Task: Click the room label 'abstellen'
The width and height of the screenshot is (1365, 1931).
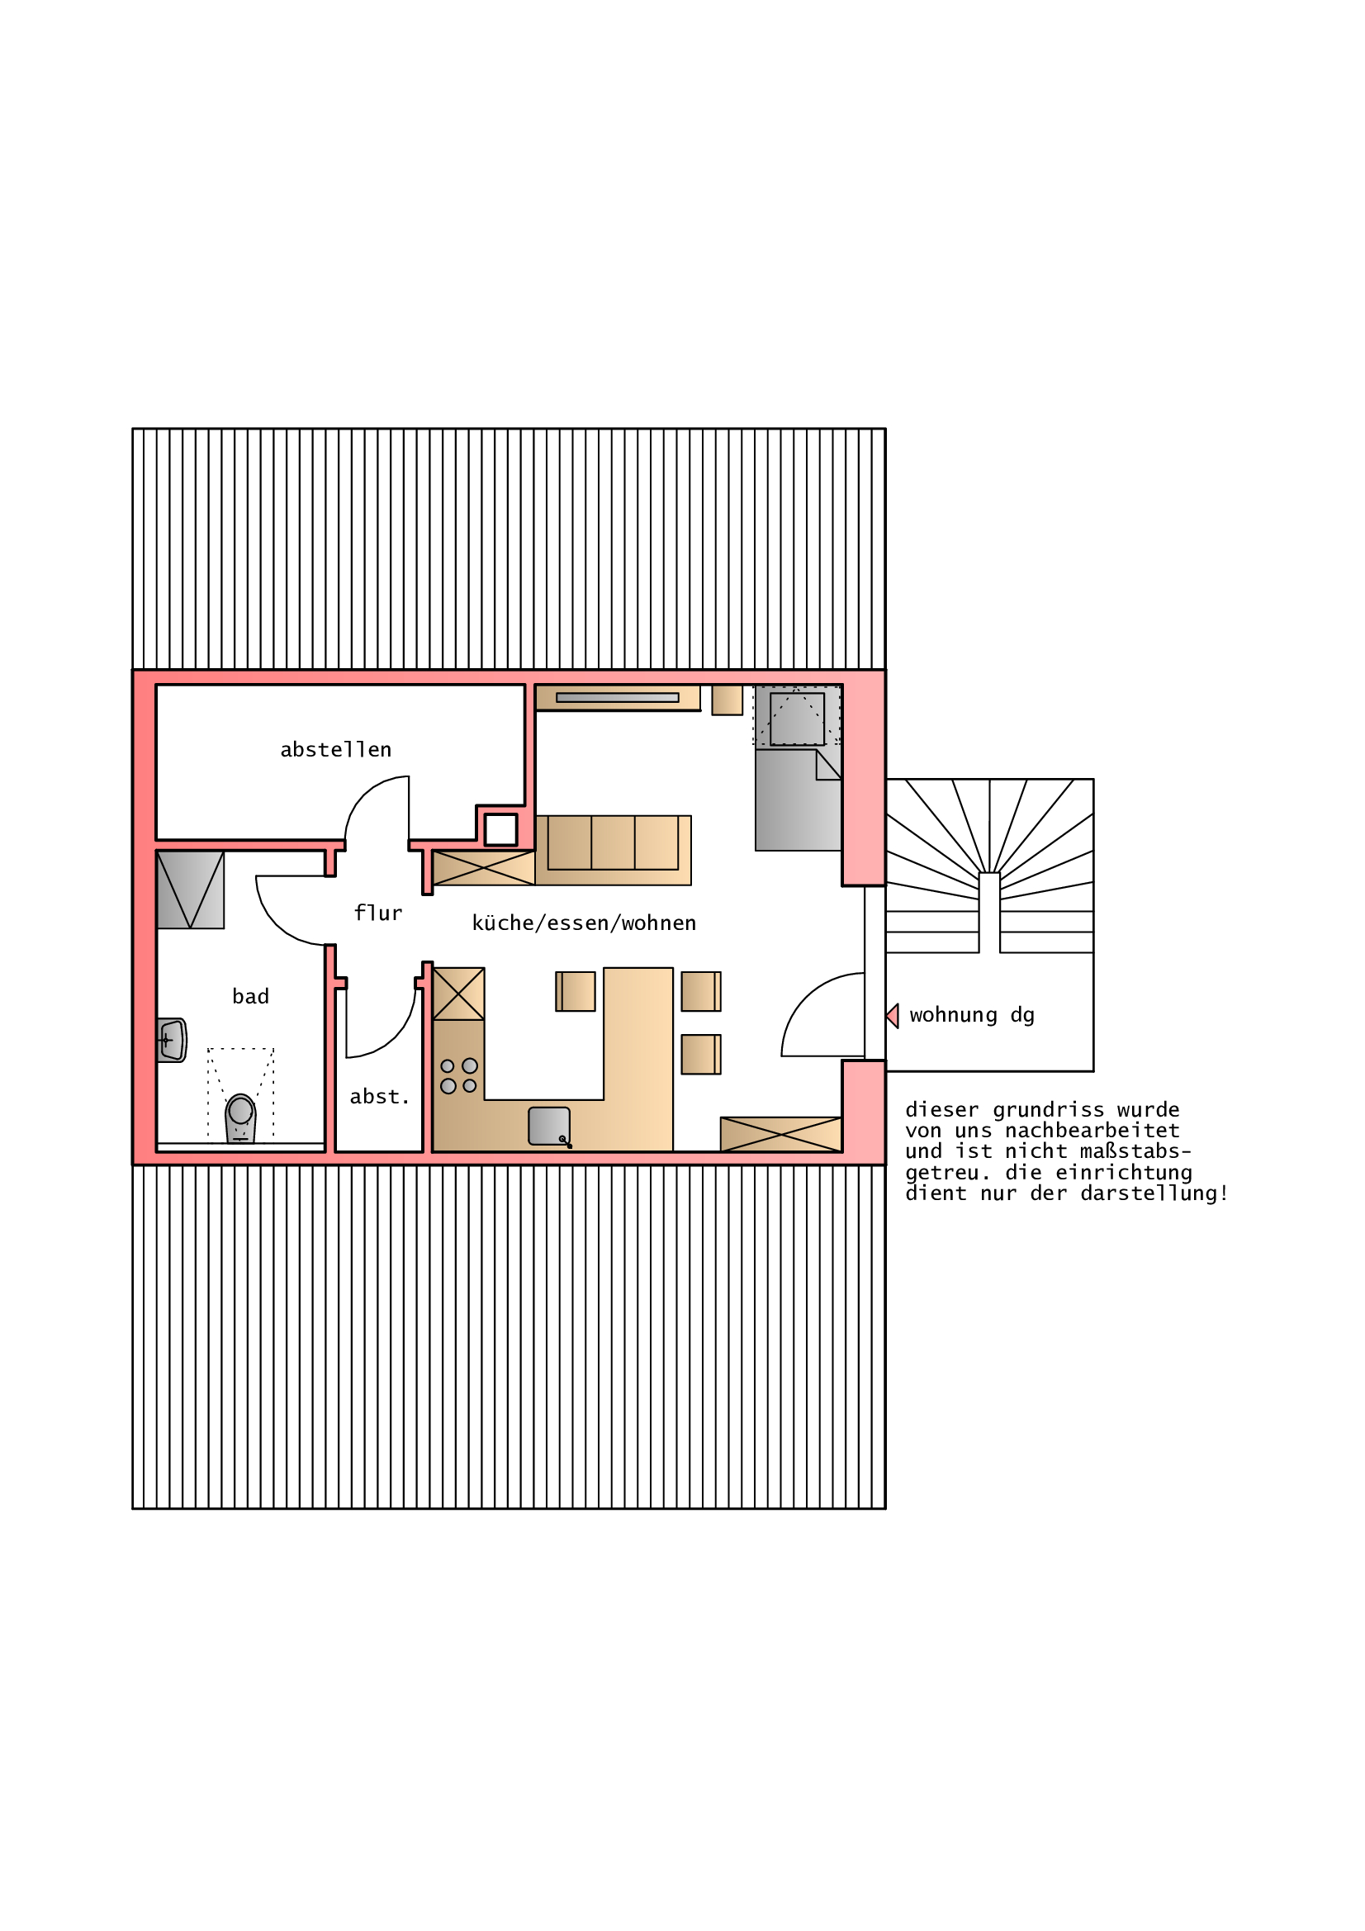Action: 335,749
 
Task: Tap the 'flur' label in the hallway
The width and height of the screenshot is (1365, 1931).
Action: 377,913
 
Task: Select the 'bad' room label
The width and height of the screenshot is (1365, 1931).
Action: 251,997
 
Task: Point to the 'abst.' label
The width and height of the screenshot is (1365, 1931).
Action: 379,1097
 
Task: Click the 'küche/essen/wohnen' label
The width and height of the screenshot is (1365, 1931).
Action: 585,923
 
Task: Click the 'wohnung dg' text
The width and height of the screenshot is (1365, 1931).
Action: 972,1016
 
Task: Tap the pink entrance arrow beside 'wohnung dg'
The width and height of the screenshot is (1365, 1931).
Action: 893,1016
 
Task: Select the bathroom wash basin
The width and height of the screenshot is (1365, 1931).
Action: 173,1041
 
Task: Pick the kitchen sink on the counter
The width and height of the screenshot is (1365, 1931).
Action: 549,1126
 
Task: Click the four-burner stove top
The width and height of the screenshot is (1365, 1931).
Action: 458,1075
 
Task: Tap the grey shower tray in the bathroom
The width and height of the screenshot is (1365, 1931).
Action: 191,890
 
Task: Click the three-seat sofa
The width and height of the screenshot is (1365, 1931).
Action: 613,850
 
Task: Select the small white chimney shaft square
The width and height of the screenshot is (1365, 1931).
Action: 500,830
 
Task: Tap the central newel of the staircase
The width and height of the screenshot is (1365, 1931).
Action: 989,913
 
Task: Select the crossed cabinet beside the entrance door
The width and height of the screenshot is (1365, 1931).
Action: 781,1135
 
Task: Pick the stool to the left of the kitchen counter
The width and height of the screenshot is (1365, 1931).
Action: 576,992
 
